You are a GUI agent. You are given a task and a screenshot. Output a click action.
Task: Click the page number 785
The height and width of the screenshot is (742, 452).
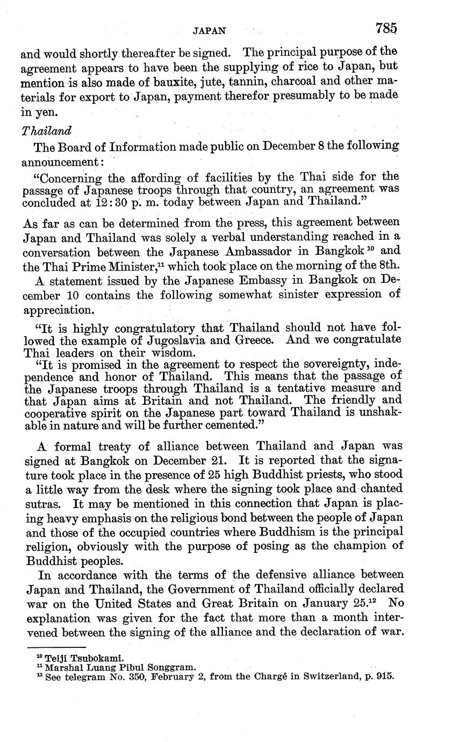[386, 28]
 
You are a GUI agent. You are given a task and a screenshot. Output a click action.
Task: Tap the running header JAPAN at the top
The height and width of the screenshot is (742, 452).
[210, 31]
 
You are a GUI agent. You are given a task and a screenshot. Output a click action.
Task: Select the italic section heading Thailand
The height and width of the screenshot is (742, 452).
[46, 131]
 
